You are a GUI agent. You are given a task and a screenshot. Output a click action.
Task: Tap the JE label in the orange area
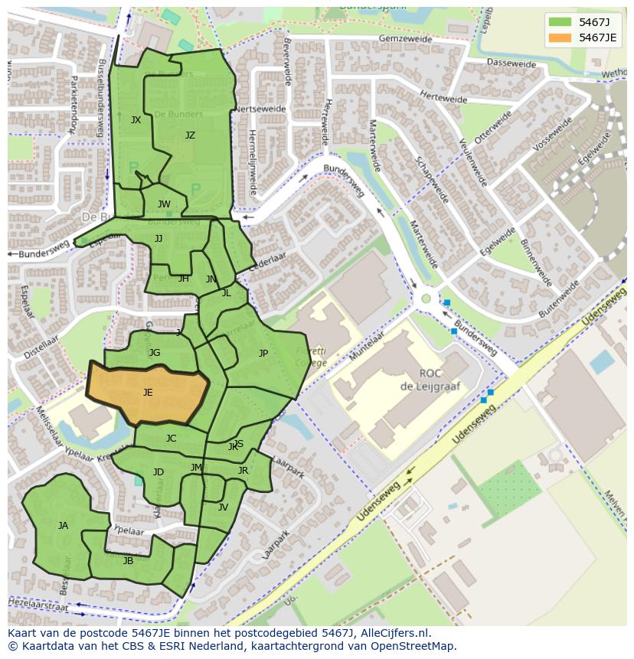click(148, 393)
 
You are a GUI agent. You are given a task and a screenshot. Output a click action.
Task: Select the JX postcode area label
click(136, 120)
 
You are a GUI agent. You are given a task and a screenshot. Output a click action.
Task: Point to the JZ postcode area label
click(190, 135)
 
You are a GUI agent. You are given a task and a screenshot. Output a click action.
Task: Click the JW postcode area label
click(164, 204)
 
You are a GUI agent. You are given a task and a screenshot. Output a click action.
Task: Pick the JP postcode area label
click(263, 354)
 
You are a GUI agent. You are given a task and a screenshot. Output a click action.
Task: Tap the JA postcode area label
click(63, 526)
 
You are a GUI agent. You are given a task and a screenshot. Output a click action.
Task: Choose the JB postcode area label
click(128, 561)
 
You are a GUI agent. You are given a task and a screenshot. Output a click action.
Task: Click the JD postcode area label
click(158, 472)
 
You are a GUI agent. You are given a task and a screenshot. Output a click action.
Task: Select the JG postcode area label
click(155, 353)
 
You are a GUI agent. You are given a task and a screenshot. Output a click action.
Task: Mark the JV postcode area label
click(223, 507)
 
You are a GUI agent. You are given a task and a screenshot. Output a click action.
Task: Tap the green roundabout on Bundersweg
click(426, 299)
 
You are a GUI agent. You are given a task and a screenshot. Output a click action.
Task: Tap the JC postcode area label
click(171, 439)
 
